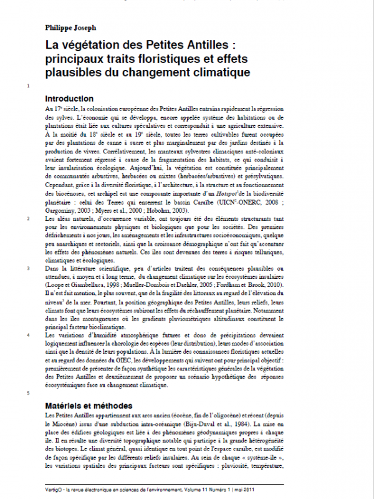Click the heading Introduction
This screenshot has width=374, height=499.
click(x=69, y=99)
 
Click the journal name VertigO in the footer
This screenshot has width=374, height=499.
click(x=55, y=490)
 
